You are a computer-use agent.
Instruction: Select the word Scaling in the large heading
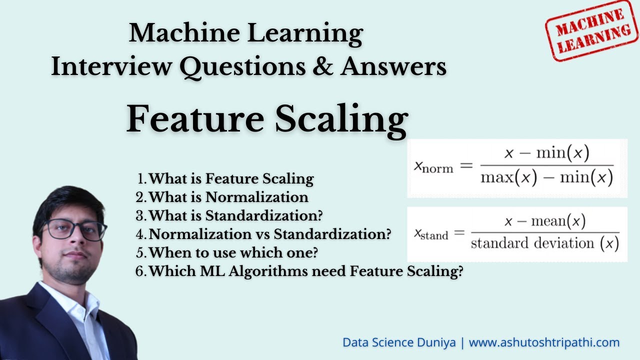pos(341,120)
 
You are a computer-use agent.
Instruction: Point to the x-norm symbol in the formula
pos(433,166)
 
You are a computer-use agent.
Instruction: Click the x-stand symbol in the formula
pos(430,233)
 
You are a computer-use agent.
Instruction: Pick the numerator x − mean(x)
pos(544,220)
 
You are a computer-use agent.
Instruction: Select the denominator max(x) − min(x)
pos(546,177)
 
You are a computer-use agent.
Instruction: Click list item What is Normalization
pos(228,197)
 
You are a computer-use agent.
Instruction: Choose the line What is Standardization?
pos(235,215)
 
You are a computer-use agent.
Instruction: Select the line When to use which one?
pos(233,252)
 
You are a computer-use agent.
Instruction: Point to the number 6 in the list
pos(140,271)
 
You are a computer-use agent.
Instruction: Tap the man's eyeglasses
pos(75,230)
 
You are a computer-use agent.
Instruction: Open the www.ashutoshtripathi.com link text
pos(544,343)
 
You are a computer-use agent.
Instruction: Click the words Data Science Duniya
pos(399,343)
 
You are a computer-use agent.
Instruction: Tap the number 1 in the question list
pos(141,178)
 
